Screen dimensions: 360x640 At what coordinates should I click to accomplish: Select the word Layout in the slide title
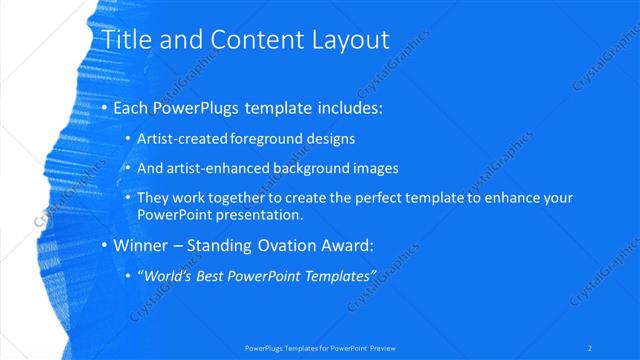[340, 40]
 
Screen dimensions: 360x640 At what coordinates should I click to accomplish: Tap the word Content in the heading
[246, 40]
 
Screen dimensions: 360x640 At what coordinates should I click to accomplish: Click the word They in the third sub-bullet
[153, 198]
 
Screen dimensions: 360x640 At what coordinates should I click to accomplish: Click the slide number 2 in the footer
[590, 348]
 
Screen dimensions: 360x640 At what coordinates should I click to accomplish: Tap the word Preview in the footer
[380, 348]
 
